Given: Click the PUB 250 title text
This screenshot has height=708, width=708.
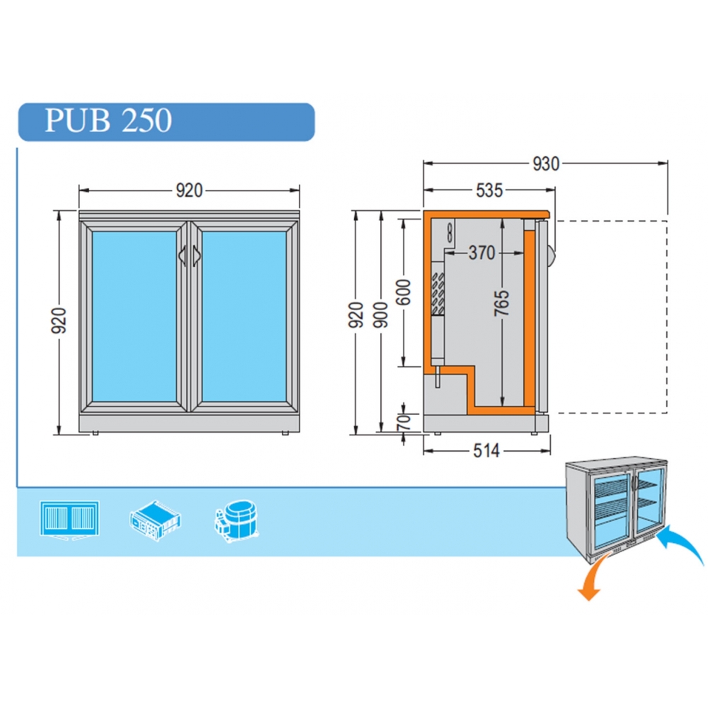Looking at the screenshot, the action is [x=108, y=120].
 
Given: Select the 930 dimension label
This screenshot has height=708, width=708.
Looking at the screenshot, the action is [x=546, y=164].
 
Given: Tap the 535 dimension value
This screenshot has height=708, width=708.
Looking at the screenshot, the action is [x=489, y=190].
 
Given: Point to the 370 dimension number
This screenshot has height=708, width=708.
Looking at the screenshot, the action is [x=482, y=253].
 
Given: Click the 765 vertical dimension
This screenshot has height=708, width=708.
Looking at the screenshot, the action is [x=502, y=303].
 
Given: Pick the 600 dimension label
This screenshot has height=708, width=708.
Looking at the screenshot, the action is [x=404, y=292].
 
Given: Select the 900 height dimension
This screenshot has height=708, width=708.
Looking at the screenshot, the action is [x=381, y=315].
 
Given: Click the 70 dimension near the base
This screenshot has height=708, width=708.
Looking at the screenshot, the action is [x=404, y=422].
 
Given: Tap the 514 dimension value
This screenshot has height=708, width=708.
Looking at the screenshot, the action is [x=486, y=450].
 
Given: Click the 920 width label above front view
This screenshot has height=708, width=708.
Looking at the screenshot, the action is [x=189, y=190].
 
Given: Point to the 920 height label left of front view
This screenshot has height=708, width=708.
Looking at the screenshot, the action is [x=59, y=321].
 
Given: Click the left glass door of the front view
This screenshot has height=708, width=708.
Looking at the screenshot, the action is [x=134, y=316].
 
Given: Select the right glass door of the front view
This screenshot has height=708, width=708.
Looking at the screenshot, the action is [x=244, y=316].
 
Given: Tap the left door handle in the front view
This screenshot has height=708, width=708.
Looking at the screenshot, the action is [x=183, y=256].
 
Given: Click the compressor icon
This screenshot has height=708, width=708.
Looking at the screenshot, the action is [x=236, y=520].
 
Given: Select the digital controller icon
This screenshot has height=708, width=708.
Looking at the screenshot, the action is [x=155, y=520].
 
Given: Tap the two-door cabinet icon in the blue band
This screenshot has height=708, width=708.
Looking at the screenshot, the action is [x=69, y=520].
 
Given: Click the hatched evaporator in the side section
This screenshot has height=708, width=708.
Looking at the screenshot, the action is [x=438, y=294].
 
